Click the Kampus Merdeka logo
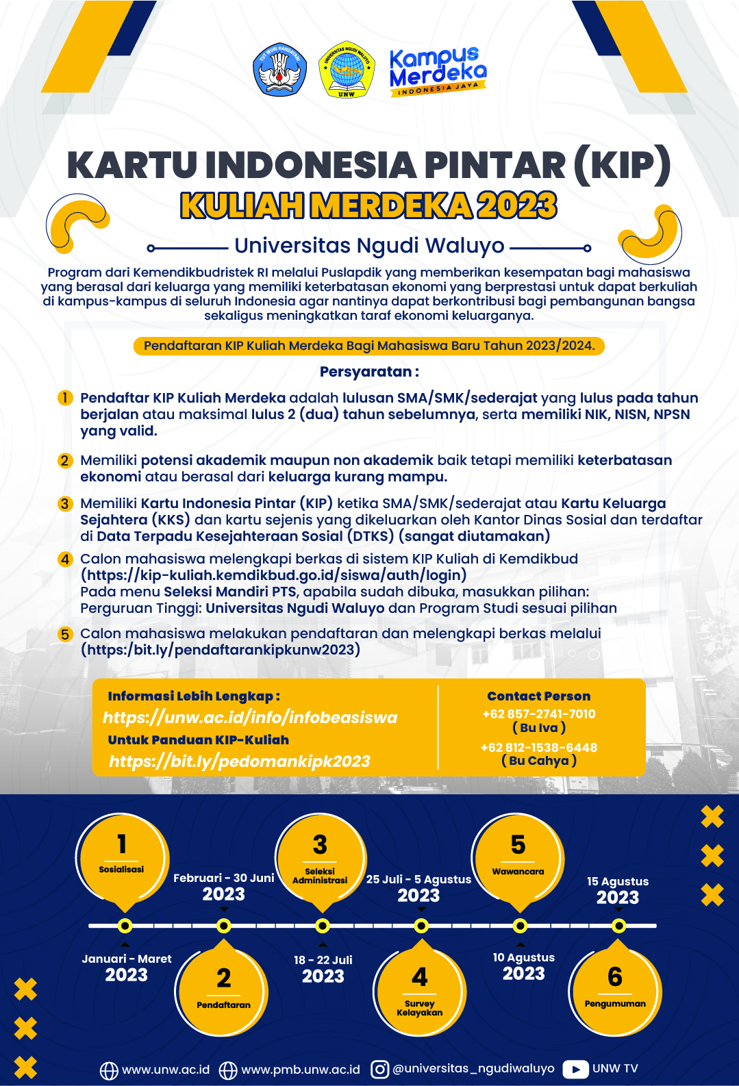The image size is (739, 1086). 438,71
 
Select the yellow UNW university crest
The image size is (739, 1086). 347,69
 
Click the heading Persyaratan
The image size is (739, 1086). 368,372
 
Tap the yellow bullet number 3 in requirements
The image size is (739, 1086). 65,504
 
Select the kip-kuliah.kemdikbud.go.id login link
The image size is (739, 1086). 274,575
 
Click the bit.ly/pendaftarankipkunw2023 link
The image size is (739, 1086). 221,650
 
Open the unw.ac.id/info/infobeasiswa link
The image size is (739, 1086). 250,717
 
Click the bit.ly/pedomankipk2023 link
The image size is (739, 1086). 240,761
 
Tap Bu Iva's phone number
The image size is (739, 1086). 538,714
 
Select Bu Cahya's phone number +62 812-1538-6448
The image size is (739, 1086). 538,747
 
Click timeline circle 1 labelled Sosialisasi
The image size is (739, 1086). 122,856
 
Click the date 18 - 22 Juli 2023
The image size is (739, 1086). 323,968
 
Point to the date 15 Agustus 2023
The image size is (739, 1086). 617,890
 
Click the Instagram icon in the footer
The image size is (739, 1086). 379,1069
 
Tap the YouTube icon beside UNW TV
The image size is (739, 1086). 575,1069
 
